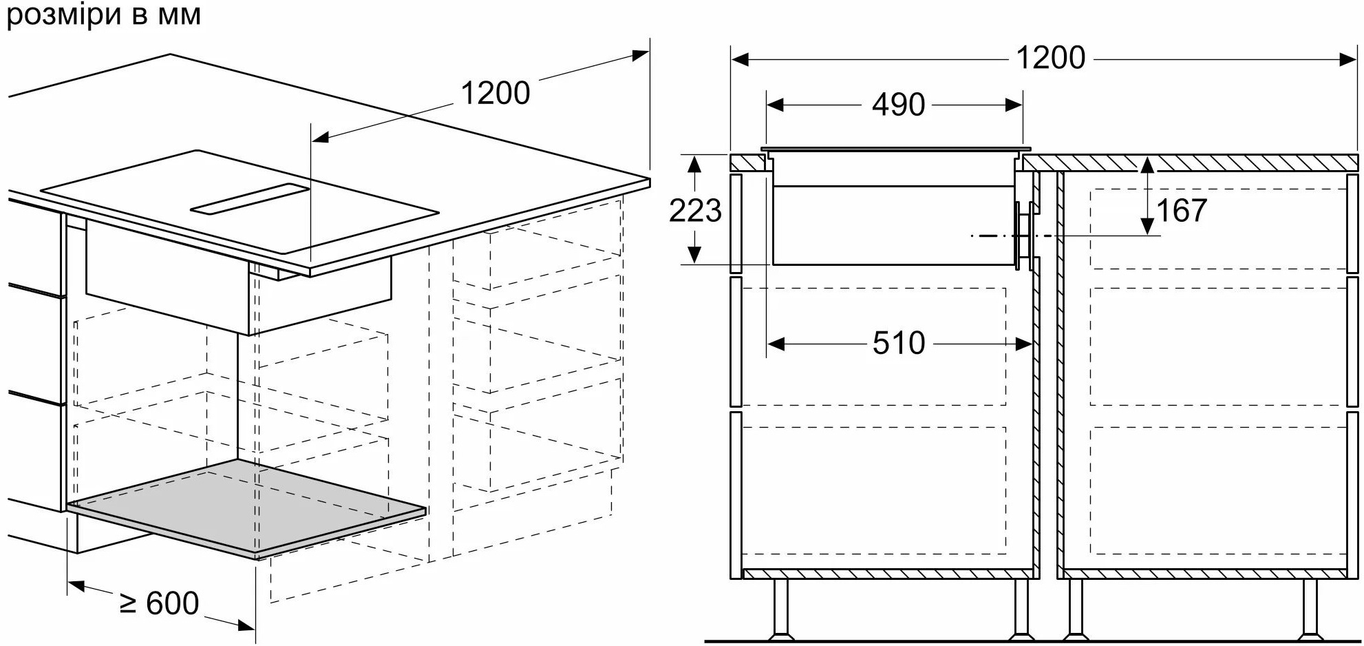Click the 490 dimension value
click(x=897, y=105)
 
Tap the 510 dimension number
click(x=898, y=343)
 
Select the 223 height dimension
click(x=695, y=211)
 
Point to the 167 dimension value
click(x=1181, y=211)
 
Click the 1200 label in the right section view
click(x=1050, y=59)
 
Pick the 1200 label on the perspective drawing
click(x=495, y=94)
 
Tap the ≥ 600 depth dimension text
click(x=160, y=604)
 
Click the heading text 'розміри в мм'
click(x=104, y=15)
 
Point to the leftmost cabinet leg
click(x=780, y=609)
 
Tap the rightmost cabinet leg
click(x=1310, y=609)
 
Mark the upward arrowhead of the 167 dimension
click(x=1147, y=165)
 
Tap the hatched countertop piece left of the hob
click(x=747, y=163)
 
